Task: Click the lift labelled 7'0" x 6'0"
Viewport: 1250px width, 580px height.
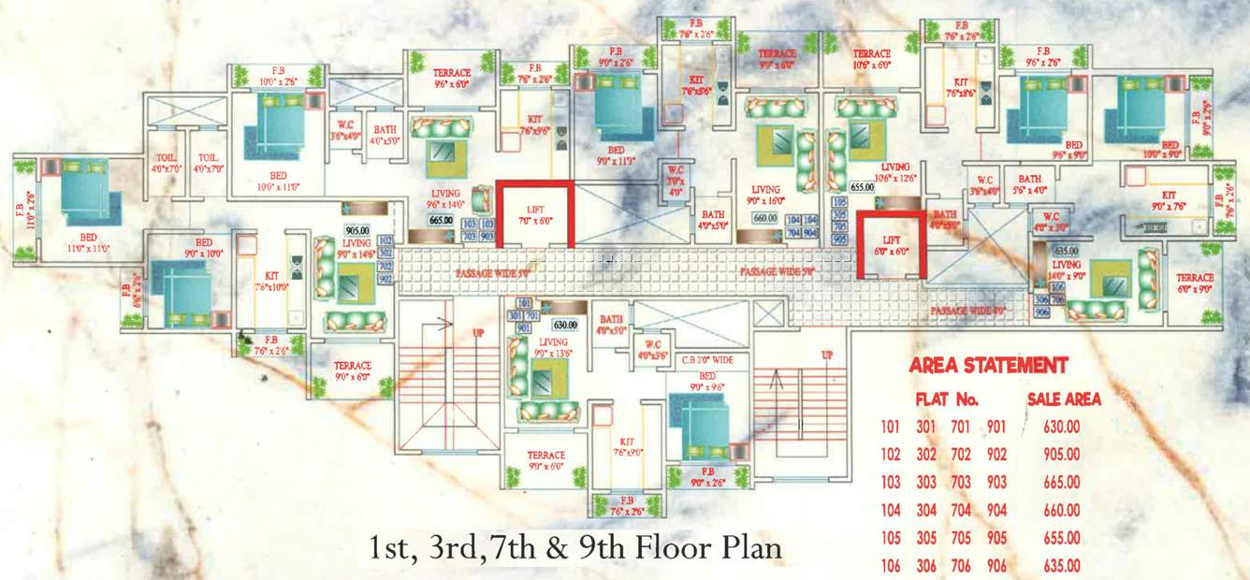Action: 534,214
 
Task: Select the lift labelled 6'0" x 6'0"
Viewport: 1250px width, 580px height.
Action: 891,245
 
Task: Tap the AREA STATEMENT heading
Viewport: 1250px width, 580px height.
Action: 987,365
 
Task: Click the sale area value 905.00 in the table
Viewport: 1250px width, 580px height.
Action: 1061,455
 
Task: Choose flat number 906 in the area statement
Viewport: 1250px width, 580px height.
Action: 996,566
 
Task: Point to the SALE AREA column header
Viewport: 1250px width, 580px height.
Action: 1064,399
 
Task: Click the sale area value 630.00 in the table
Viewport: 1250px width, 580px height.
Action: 1061,428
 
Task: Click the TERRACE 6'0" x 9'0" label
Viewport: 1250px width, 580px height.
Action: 1195,283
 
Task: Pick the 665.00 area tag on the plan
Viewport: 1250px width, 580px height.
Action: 441,221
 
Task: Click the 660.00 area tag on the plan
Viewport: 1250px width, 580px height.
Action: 765,219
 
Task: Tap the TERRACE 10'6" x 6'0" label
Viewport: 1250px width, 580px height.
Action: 871,60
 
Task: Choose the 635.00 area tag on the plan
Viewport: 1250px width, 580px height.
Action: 1066,251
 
